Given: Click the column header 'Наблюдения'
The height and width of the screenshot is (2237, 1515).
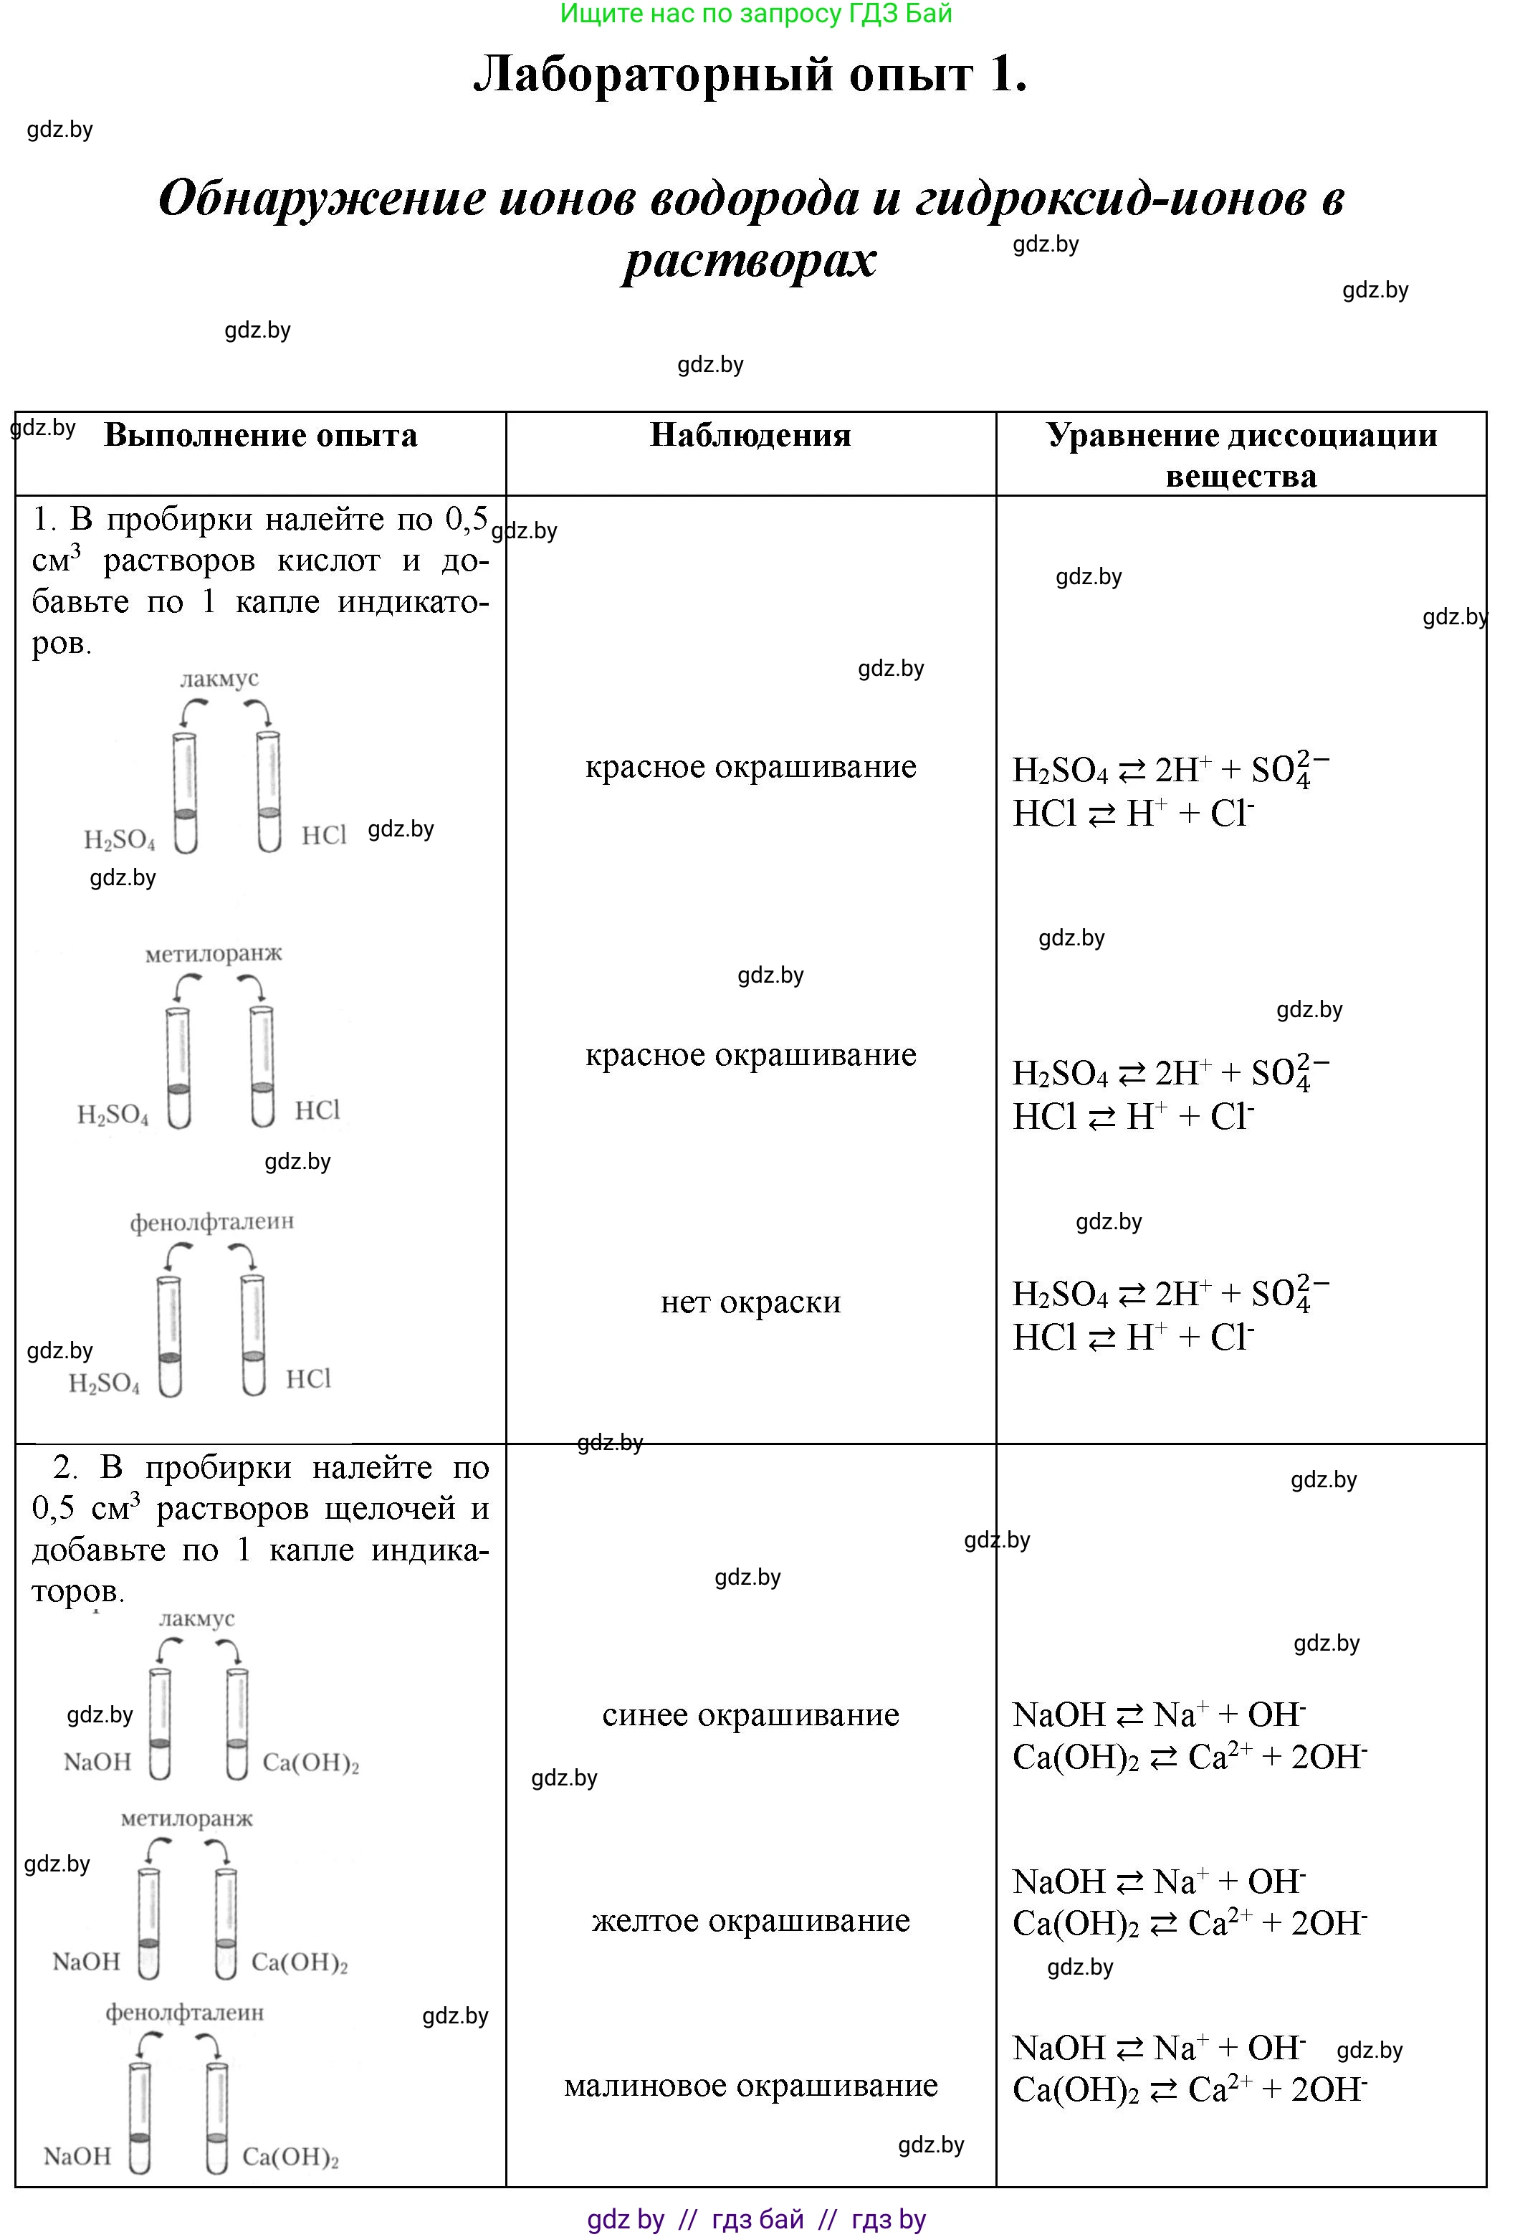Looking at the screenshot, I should click(750, 435).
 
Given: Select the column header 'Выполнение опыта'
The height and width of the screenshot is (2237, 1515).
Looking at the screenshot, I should click(260, 435).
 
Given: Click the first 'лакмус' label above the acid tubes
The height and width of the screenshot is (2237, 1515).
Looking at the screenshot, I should click(219, 679).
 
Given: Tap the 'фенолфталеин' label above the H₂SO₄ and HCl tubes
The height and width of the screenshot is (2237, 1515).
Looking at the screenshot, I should click(211, 1221).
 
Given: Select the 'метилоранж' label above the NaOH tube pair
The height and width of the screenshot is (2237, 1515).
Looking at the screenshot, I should click(187, 1819).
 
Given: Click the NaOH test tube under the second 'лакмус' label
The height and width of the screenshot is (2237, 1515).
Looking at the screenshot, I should click(160, 1723).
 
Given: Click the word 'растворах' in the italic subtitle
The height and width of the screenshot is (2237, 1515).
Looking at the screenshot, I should click(749, 260).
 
